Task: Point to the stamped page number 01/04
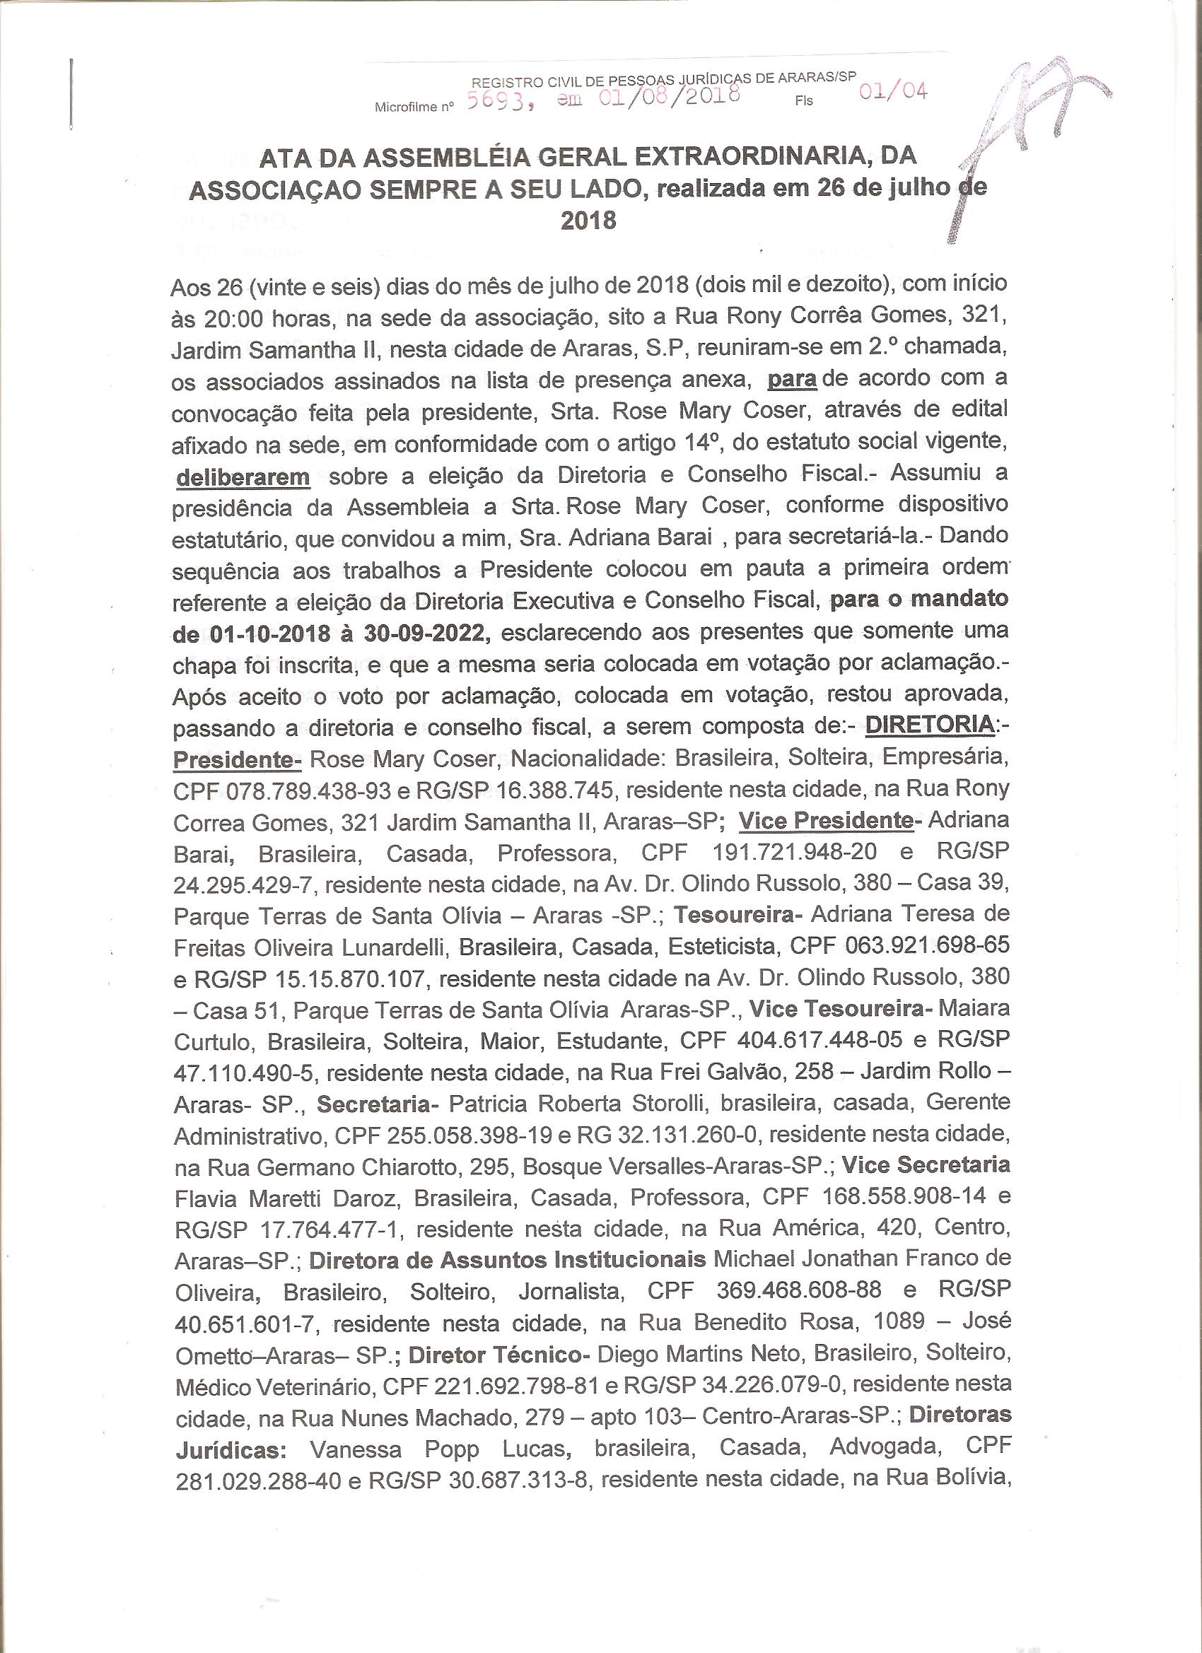894,93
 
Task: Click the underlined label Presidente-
238,758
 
